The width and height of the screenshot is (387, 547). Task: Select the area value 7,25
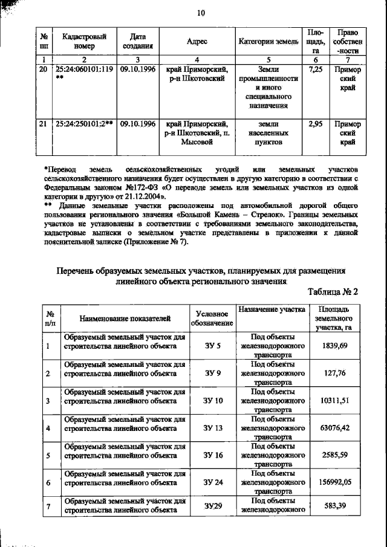tap(314, 70)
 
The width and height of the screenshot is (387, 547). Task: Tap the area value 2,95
tap(314, 124)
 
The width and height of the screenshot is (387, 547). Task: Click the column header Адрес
tap(198, 41)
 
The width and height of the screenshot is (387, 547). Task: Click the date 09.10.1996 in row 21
tap(137, 124)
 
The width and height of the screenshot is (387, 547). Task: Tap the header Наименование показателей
tap(123, 318)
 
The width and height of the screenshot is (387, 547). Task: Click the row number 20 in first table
tap(42, 70)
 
